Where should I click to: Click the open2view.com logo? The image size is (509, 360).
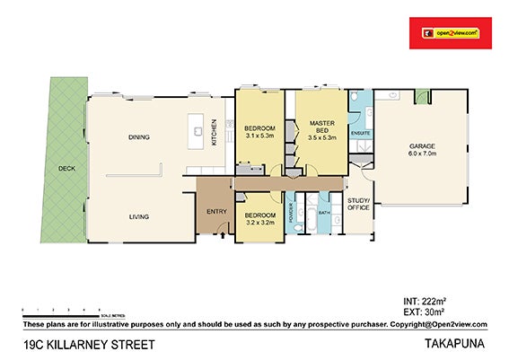(x=446, y=33)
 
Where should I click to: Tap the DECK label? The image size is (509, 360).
(x=66, y=168)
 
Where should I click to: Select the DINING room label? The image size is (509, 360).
(x=138, y=137)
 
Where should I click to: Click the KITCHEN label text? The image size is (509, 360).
(x=214, y=133)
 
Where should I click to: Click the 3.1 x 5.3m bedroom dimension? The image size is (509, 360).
(x=259, y=138)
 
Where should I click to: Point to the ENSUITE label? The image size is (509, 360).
(x=361, y=134)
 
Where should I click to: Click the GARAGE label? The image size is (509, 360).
(x=421, y=146)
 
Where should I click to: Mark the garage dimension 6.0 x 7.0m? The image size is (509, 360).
(x=421, y=154)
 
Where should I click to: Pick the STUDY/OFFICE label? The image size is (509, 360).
(x=359, y=204)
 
